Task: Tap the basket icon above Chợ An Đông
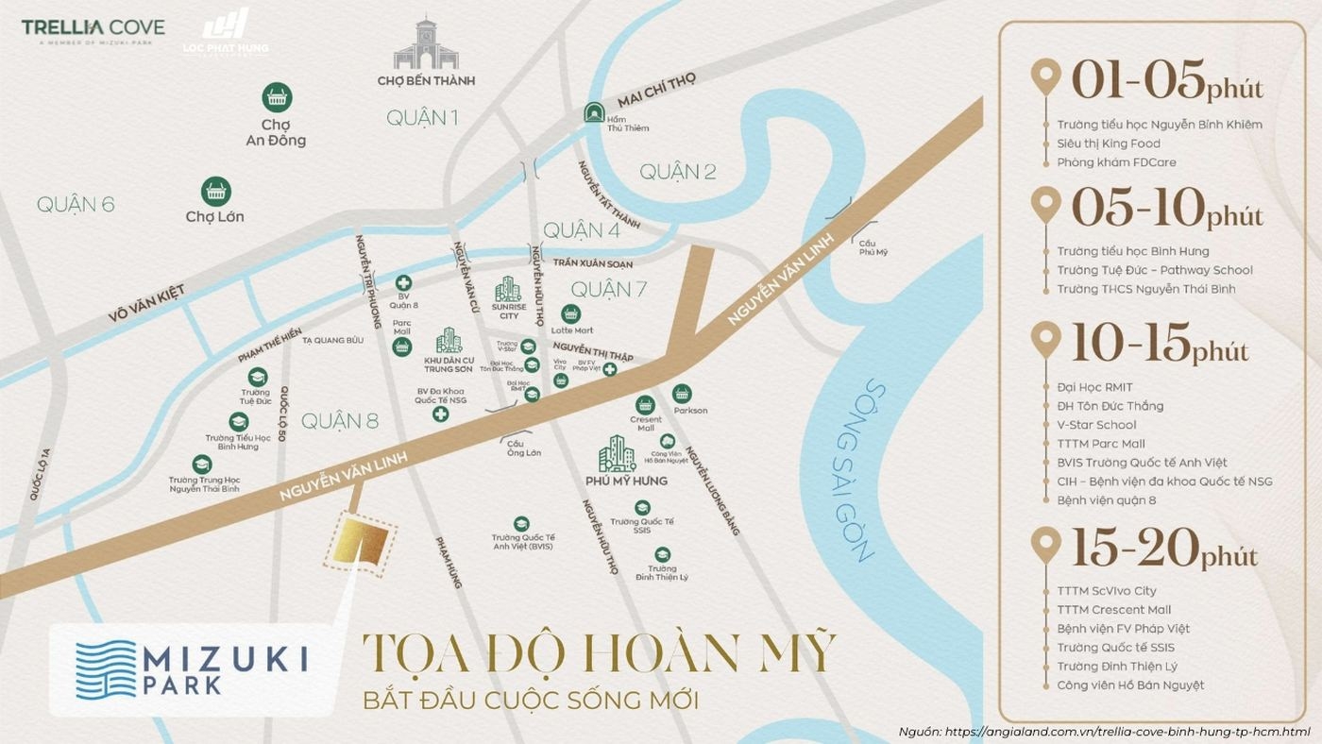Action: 277,97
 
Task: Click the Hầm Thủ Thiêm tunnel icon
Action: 595,111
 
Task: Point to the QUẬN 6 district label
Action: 76,204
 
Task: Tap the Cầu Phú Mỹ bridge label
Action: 873,247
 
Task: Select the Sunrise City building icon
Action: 508,290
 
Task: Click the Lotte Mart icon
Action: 570,313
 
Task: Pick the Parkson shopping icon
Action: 682,394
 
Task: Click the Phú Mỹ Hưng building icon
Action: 618,454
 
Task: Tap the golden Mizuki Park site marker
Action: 361,545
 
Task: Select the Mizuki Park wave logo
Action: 106,668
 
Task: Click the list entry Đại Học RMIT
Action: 1094,387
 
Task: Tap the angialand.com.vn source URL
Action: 1127,732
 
